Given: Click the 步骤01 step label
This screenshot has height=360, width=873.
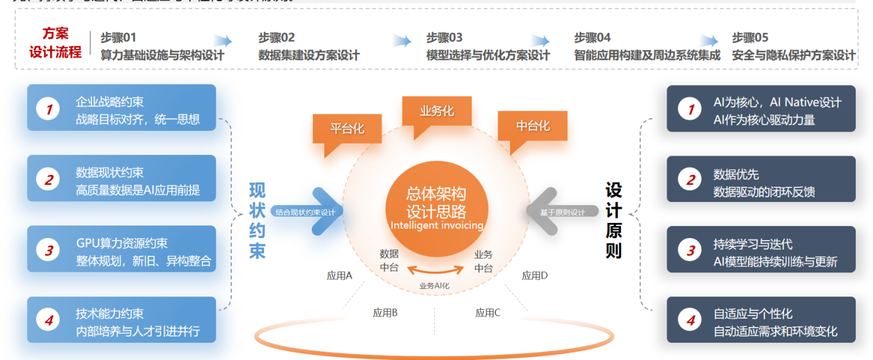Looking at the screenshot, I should tap(118, 37).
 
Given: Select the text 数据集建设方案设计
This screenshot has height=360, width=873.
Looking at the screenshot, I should tap(309, 55).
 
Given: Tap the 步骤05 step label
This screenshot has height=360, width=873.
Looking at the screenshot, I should tap(750, 37).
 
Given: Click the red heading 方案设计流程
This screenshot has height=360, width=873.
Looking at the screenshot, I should tap(55, 43).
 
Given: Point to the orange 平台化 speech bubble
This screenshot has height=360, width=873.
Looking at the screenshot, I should tap(347, 129).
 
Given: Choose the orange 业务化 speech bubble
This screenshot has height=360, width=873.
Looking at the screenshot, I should tap(437, 111).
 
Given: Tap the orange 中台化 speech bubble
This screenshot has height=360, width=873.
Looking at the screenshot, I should tap(532, 126).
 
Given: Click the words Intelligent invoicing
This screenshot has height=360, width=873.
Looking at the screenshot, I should tap(437, 225).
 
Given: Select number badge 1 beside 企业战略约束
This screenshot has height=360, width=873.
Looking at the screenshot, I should tap(48, 109).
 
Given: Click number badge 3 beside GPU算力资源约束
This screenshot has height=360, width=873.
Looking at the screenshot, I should tap(48, 250).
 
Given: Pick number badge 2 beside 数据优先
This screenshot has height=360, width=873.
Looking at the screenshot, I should tap(690, 180).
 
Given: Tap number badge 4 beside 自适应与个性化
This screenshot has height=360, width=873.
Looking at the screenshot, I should tap(690, 321).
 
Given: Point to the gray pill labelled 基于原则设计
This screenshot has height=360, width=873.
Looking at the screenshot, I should tap(563, 212).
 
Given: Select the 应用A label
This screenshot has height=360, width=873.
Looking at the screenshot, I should tap(339, 276).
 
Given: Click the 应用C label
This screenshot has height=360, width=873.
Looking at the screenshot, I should tap(488, 312).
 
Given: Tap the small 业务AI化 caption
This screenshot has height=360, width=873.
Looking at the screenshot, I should tap(434, 286).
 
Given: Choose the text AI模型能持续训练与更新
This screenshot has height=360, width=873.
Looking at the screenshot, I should tap(775, 262).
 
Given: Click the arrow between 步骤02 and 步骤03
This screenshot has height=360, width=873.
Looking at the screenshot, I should tap(401, 41).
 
